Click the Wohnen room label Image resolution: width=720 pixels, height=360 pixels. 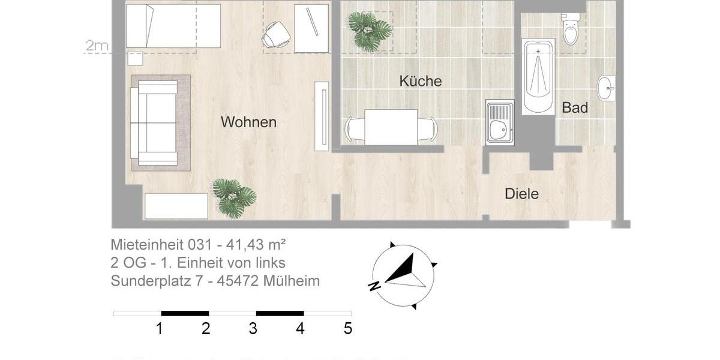coord(248,122)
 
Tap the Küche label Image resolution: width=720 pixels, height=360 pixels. coord(421,81)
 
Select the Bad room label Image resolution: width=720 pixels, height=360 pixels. coord(575,109)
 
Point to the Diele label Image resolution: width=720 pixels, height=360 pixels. coord(521,194)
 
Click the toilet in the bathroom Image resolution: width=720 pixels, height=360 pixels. coord(571,30)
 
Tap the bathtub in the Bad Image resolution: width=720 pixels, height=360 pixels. coord(538,76)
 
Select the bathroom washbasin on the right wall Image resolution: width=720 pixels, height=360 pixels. coord(607,88)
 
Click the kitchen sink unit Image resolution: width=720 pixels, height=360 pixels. coord(500,122)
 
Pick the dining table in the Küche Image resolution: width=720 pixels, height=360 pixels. coord(391,127)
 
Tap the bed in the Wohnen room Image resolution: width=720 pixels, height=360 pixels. coord(173,26)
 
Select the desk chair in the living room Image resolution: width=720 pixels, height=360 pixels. coord(277,35)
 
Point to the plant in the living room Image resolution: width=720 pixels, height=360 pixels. coord(234,197)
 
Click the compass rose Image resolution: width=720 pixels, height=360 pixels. coord(402,275)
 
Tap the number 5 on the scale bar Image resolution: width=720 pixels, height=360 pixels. coord(347,329)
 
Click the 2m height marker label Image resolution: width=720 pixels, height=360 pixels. coord(97,46)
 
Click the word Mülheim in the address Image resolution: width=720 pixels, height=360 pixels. coord(291,281)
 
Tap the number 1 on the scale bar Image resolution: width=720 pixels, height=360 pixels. coord(159,329)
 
